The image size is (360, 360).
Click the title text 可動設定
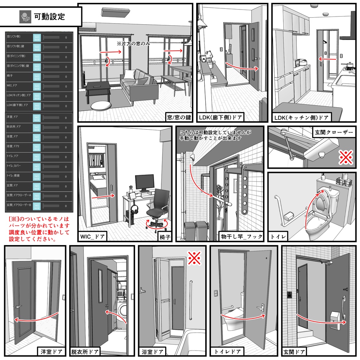click(x=49, y=16)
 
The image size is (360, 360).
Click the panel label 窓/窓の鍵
click(x=179, y=117)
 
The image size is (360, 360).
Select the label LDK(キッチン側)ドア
click(x=302, y=117)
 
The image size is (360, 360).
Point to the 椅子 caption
click(x=165, y=237)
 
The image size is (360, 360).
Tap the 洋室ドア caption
click(x=51, y=351)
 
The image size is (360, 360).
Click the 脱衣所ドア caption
click(x=85, y=351)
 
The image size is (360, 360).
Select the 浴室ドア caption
click(x=153, y=351)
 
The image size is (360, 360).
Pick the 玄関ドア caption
click(x=294, y=351)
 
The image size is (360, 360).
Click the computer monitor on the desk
click(x=144, y=182)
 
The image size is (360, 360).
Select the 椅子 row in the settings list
click(x=39, y=76)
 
